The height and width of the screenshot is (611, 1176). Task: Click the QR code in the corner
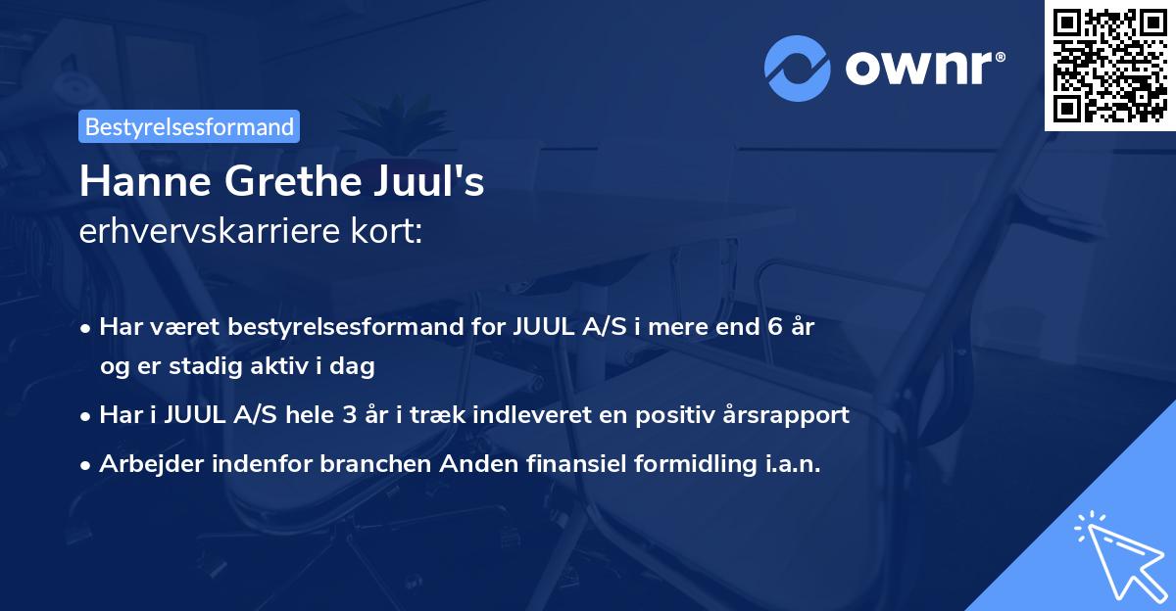(x=1109, y=65)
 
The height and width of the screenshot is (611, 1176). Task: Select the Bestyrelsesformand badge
(x=189, y=126)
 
